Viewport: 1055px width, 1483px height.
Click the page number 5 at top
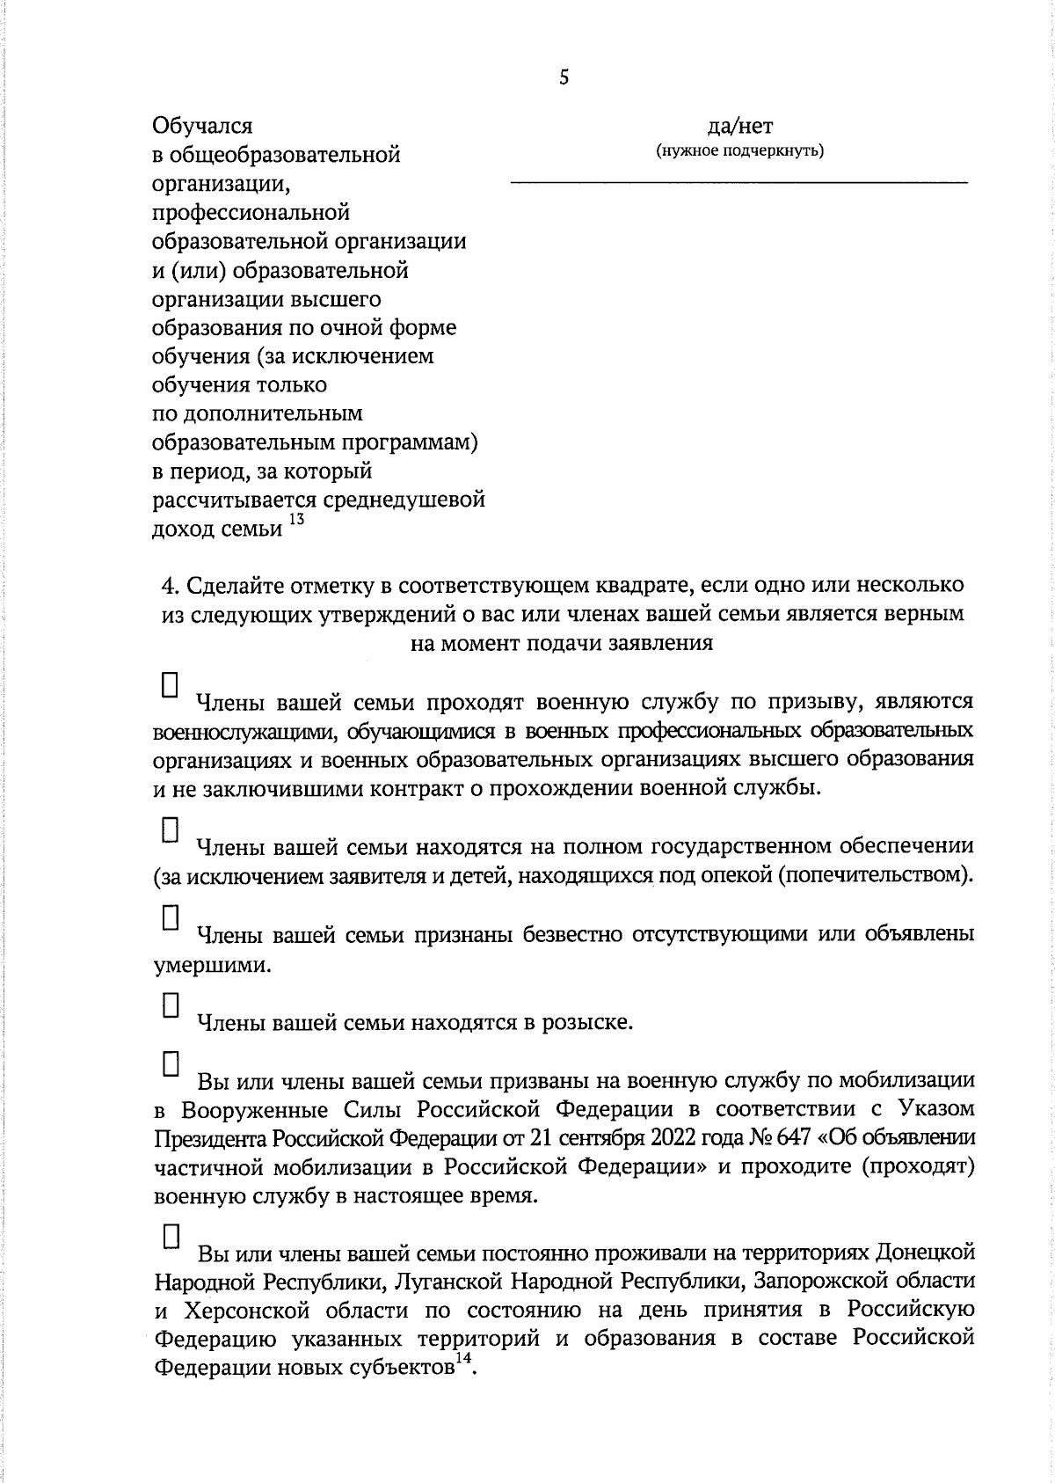(564, 78)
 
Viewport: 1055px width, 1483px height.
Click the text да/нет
(739, 127)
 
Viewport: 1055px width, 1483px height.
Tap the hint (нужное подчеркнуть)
(739, 150)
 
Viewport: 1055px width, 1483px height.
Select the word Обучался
(202, 127)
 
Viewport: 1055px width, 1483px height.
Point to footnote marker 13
(296, 521)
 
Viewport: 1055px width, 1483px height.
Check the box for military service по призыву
(171, 685)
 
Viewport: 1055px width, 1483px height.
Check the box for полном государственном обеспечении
(171, 830)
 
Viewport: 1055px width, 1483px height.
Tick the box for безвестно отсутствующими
(171, 917)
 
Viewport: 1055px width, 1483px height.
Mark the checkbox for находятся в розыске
(171, 1005)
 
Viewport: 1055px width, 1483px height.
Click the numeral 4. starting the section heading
(172, 585)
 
